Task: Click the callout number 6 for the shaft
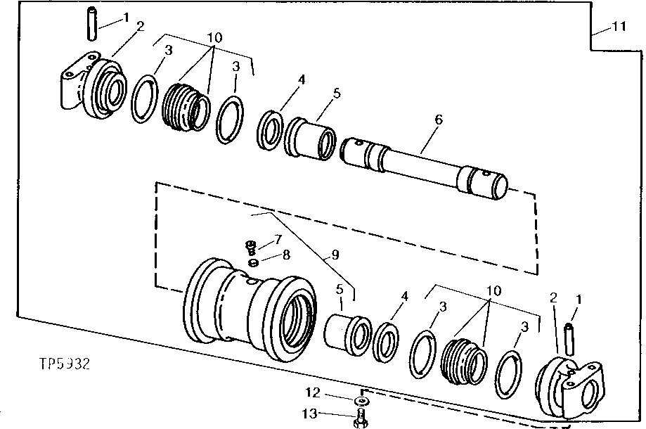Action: pos(438,120)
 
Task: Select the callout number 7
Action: pos(277,240)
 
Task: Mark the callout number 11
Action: pos(618,27)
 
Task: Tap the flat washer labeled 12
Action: pos(361,400)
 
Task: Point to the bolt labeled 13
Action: pos(361,418)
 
